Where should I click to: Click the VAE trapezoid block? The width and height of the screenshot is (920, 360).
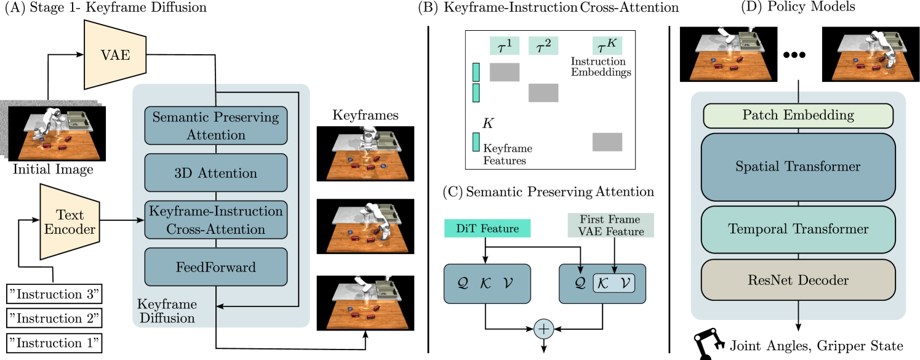(115, 54)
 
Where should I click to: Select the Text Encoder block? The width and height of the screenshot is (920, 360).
(70, 222)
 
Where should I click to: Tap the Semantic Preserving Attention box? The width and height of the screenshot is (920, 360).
(216, 126)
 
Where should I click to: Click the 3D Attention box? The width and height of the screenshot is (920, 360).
(216, 173)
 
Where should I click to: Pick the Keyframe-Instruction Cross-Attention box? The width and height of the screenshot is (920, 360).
(216, 220)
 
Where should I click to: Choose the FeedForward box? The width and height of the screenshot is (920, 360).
(216, 267)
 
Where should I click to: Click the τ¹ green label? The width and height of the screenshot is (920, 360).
(504, 46)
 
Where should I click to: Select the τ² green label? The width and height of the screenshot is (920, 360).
(543, 46)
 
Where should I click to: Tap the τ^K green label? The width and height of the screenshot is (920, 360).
(607, 46)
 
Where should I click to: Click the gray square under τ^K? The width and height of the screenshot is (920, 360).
(607, 142)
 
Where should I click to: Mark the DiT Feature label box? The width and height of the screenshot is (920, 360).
(487, 228)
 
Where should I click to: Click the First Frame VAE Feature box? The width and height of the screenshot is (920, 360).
(610, 225)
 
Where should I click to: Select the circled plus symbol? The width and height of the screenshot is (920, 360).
(543, 329)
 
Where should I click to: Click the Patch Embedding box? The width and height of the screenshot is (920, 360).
(798, 115)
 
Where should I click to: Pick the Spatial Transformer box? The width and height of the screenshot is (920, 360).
(798, 167)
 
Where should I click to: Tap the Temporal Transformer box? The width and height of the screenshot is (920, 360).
(798, 230)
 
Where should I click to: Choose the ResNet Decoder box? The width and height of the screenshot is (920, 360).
(798, 281)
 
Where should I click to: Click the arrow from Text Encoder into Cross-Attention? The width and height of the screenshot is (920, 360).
(137, 220)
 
